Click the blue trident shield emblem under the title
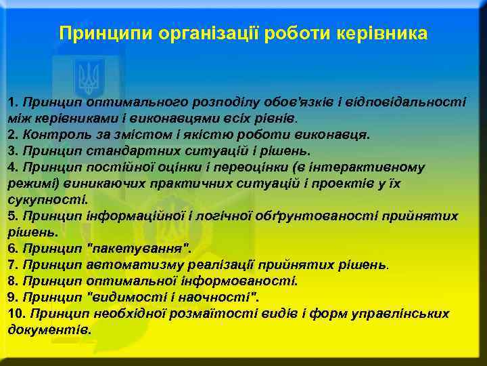(x=89, y=76)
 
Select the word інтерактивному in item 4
(x=377, y=167)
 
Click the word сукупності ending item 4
(x=47, y=199)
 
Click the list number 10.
(x=16, y=314)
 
